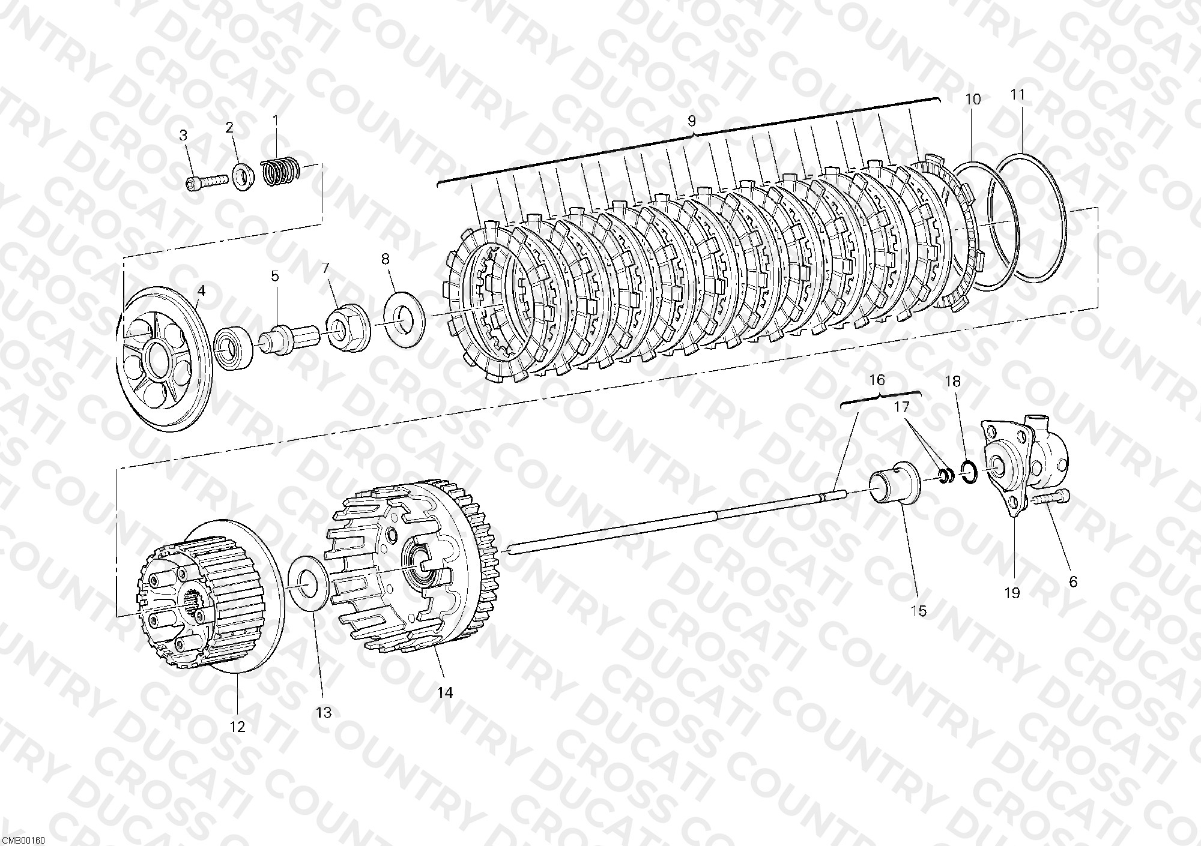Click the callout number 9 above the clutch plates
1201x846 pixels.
coord(691,121)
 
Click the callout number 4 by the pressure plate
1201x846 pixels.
coord(201,291)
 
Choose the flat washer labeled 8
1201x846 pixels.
coord(404,315)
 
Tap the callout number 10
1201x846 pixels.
coord(973,99)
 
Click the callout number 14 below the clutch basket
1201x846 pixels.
coord(444,692)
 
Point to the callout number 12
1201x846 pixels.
coord(238,727)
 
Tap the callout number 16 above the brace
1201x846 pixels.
coord(877,379)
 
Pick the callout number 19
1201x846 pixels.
coord(1012,593)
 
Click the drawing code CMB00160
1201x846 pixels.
coord(23,841)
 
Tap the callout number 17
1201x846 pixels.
coord(901,407)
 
